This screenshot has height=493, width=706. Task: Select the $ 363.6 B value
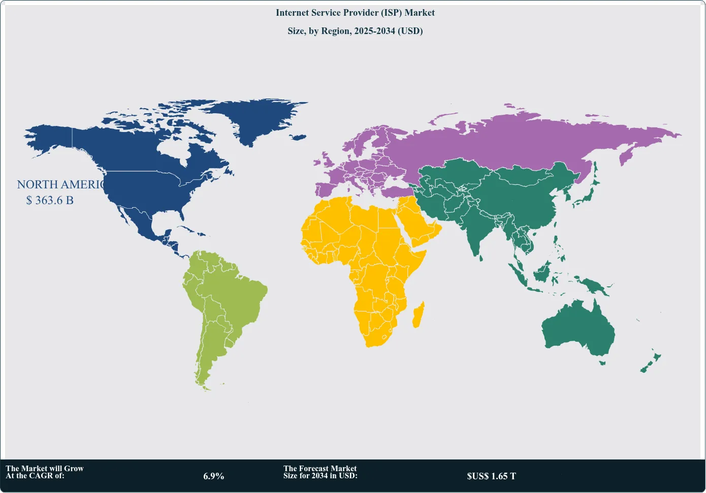tap(50, 200)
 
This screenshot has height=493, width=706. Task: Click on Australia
tap(579, 330)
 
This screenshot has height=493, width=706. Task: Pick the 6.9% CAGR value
tap(213, 476)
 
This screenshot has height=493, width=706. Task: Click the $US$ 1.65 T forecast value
tap(491, 476)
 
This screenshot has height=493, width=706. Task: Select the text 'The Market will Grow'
tap(45, 469)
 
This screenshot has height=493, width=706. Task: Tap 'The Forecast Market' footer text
tap(320, 469)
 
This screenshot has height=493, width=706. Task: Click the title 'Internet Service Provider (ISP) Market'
tap(355, 13)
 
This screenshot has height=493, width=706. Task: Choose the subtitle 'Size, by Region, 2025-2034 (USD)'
tap(355, 31)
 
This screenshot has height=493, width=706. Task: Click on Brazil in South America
tap(239, 300)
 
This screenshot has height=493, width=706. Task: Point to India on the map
tap(477, 223)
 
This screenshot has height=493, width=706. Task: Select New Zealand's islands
tap(650, 363)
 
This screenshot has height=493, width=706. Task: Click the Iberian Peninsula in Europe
tap(326, 189)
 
